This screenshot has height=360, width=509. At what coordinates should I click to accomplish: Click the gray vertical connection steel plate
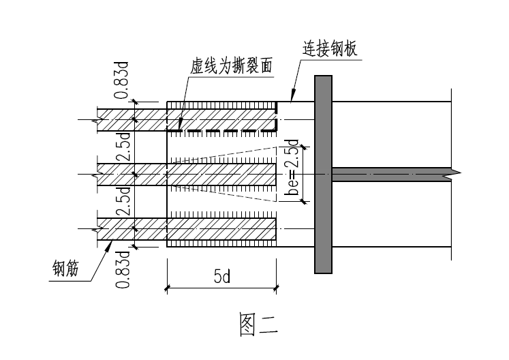[323, 175]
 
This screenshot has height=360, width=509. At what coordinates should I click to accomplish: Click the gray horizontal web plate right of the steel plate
[388, 174]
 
